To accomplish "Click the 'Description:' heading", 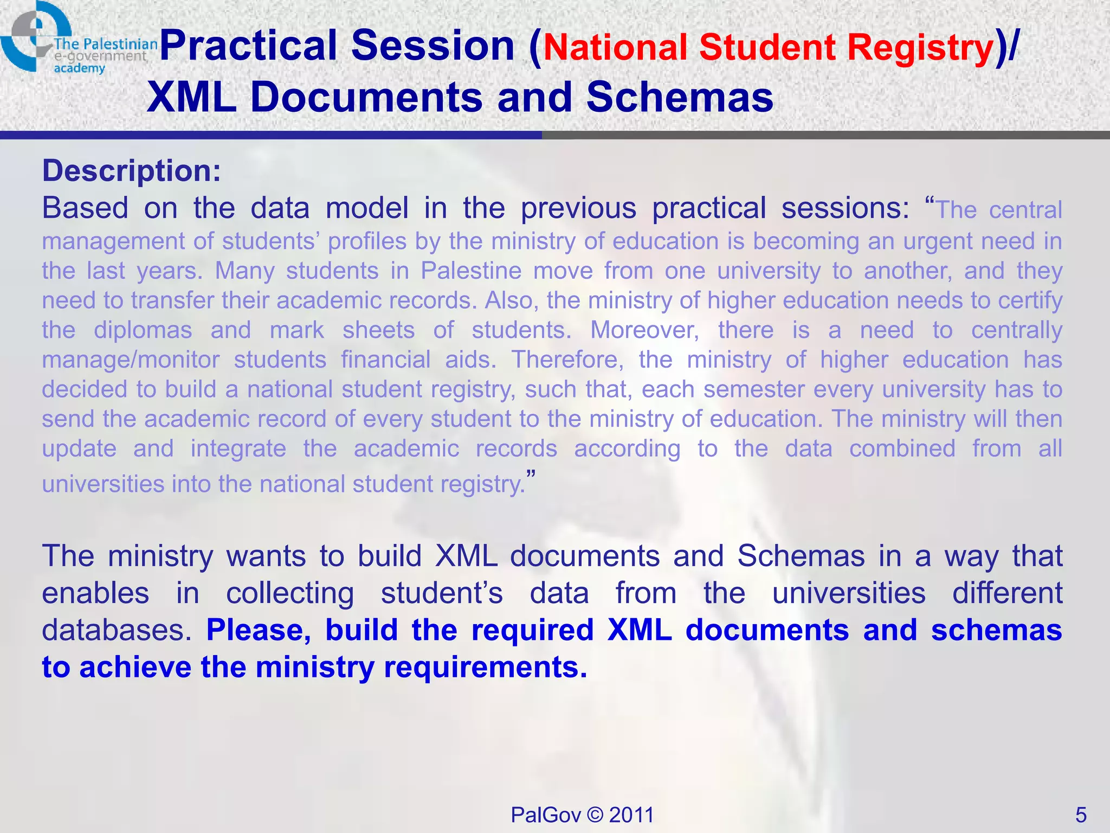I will click(132, 171).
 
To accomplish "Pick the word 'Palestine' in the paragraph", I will click(471, 271).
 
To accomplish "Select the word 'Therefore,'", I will click(567, 360).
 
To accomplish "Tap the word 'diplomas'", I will click(143, 330).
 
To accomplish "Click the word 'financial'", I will click(385, 360).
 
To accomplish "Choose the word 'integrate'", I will click(238, 448).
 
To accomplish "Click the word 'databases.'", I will click(117, 630).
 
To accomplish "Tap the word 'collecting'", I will click(290, 593).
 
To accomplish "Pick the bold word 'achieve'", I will click(135, 667).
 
